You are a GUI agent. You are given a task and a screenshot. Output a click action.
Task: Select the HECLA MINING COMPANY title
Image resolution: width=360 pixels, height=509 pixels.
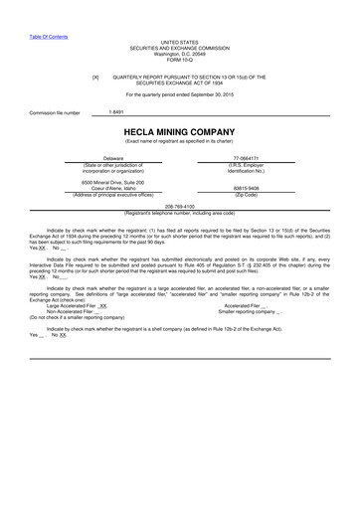coord(181,129)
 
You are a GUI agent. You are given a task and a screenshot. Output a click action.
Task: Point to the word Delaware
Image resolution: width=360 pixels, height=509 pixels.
coord(112,157)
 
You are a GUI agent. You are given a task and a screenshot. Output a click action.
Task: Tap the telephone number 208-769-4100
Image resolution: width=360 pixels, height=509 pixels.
coord(181,204)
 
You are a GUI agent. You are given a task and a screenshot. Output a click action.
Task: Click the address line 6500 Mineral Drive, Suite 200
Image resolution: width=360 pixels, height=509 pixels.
coord(112,183)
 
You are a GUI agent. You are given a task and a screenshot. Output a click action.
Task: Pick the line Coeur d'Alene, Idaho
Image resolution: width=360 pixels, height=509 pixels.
coord(112,189)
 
